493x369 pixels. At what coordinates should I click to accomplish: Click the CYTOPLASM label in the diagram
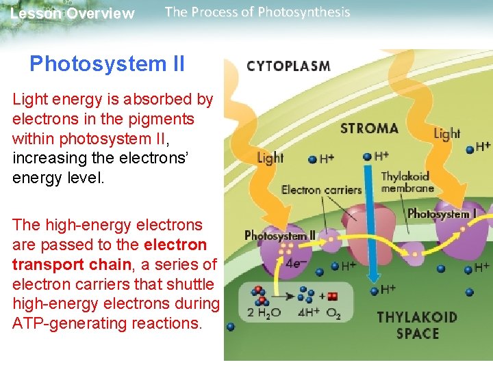pyautogui.click(x=288, y=66)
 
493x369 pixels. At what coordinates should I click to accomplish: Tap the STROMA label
pyautogui.click(x=369, y=128)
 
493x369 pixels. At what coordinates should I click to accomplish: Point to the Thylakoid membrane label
pyautogui.click(x=407, y=182)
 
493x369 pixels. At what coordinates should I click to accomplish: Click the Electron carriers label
pyautogui.click(x=321, y=189)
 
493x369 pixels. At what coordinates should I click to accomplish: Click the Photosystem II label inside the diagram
pyautogui.click(x=280, y=236)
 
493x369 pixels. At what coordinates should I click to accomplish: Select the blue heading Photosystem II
pyautogui.click(x=107, y=64)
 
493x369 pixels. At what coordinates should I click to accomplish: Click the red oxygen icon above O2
pyautogui.click(x=333, y=297)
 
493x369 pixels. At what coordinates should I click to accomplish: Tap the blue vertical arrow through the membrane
pyautogui.click(x=372, y=225)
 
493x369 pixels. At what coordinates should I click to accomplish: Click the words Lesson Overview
pyautogui.click(x=73, y=14)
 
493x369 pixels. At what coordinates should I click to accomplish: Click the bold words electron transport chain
pyautogui.click(x=110, y=254)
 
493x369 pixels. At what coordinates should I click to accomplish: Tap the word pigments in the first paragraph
pyautogui.click(x=162, y=119)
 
